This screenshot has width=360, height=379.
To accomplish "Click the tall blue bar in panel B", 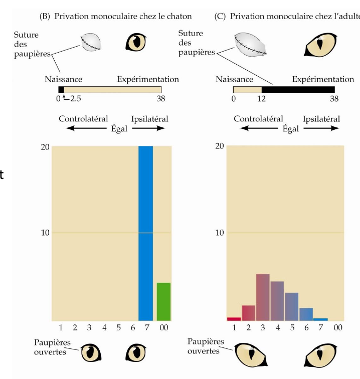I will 145,233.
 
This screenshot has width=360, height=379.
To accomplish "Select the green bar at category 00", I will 163,301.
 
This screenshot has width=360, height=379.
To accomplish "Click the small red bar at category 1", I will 234,318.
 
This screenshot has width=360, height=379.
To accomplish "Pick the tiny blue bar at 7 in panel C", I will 320,319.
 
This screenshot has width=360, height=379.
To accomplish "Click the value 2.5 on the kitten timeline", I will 75,99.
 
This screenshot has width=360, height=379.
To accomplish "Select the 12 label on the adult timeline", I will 261,99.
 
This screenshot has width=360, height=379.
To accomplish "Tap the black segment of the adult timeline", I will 298,89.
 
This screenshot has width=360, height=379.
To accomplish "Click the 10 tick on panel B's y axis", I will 45,233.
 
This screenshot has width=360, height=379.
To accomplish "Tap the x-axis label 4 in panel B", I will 104,327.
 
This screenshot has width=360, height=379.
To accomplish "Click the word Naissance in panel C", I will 234,79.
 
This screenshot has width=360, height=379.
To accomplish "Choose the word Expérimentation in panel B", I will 147,79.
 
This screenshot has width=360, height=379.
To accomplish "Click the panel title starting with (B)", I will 115,16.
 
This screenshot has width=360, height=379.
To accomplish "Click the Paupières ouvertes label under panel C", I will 204,346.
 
